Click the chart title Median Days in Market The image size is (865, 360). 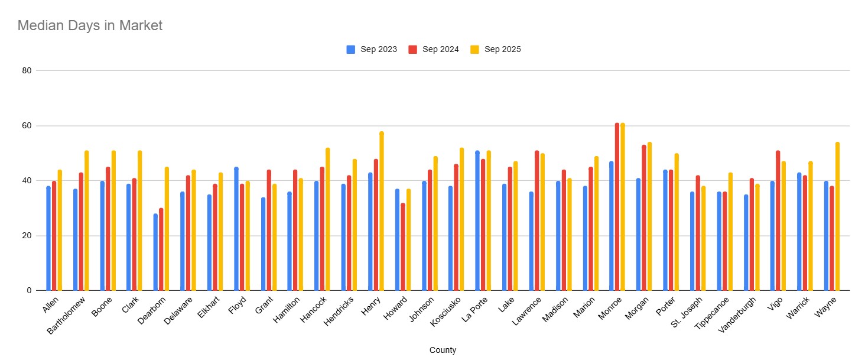(x=90, y=25)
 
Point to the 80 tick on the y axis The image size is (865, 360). (x=27, y=71)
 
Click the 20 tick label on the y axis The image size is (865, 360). (x=27, y=236)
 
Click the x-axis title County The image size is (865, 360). (x=443, y=350)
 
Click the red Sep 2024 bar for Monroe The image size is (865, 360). (x=617, y=207)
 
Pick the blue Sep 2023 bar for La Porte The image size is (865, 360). (x=477, y=220)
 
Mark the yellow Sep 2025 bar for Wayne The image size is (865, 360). (x=837, y=216)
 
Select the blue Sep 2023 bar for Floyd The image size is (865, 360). (x=236, y=229)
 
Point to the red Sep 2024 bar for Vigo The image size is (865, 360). (x=778, y=220)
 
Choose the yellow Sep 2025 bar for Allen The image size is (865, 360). (x=60, y=231)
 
